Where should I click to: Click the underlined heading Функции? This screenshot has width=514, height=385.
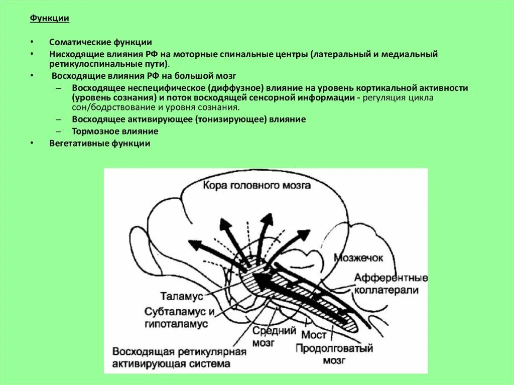tap(49, 19)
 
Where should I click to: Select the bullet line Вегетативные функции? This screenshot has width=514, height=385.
tap(100, 143)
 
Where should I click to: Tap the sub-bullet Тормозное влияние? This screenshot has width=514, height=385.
tap(115, 132)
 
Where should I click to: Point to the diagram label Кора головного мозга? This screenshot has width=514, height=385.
tap(256, 185)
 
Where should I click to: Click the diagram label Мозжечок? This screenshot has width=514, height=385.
tap(358, 258)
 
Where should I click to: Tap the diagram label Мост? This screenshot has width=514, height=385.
tap(314, 334)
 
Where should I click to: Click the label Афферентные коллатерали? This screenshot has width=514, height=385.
tap(391, 284)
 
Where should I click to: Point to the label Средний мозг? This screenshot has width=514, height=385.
tap(266, 336)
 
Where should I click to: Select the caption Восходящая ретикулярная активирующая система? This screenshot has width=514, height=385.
tap(179, 357)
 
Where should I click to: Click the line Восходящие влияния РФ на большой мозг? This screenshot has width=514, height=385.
tap(144, 76)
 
